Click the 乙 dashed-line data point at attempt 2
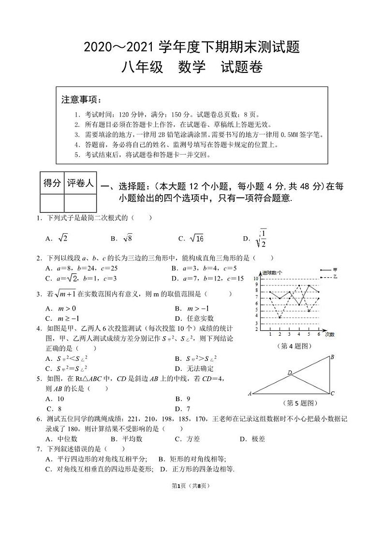pos(280,317)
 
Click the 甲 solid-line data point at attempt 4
pos(299,305)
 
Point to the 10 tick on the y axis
pos(256,279)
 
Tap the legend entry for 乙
pos(335,277)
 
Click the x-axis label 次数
pos(329,334)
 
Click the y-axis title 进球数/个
pos(272,273)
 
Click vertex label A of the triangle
pos(250,394)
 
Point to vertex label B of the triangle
pos(332,357)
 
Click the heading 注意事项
pos(81,100)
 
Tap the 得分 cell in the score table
pos(52,183)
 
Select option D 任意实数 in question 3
pos(200,318)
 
